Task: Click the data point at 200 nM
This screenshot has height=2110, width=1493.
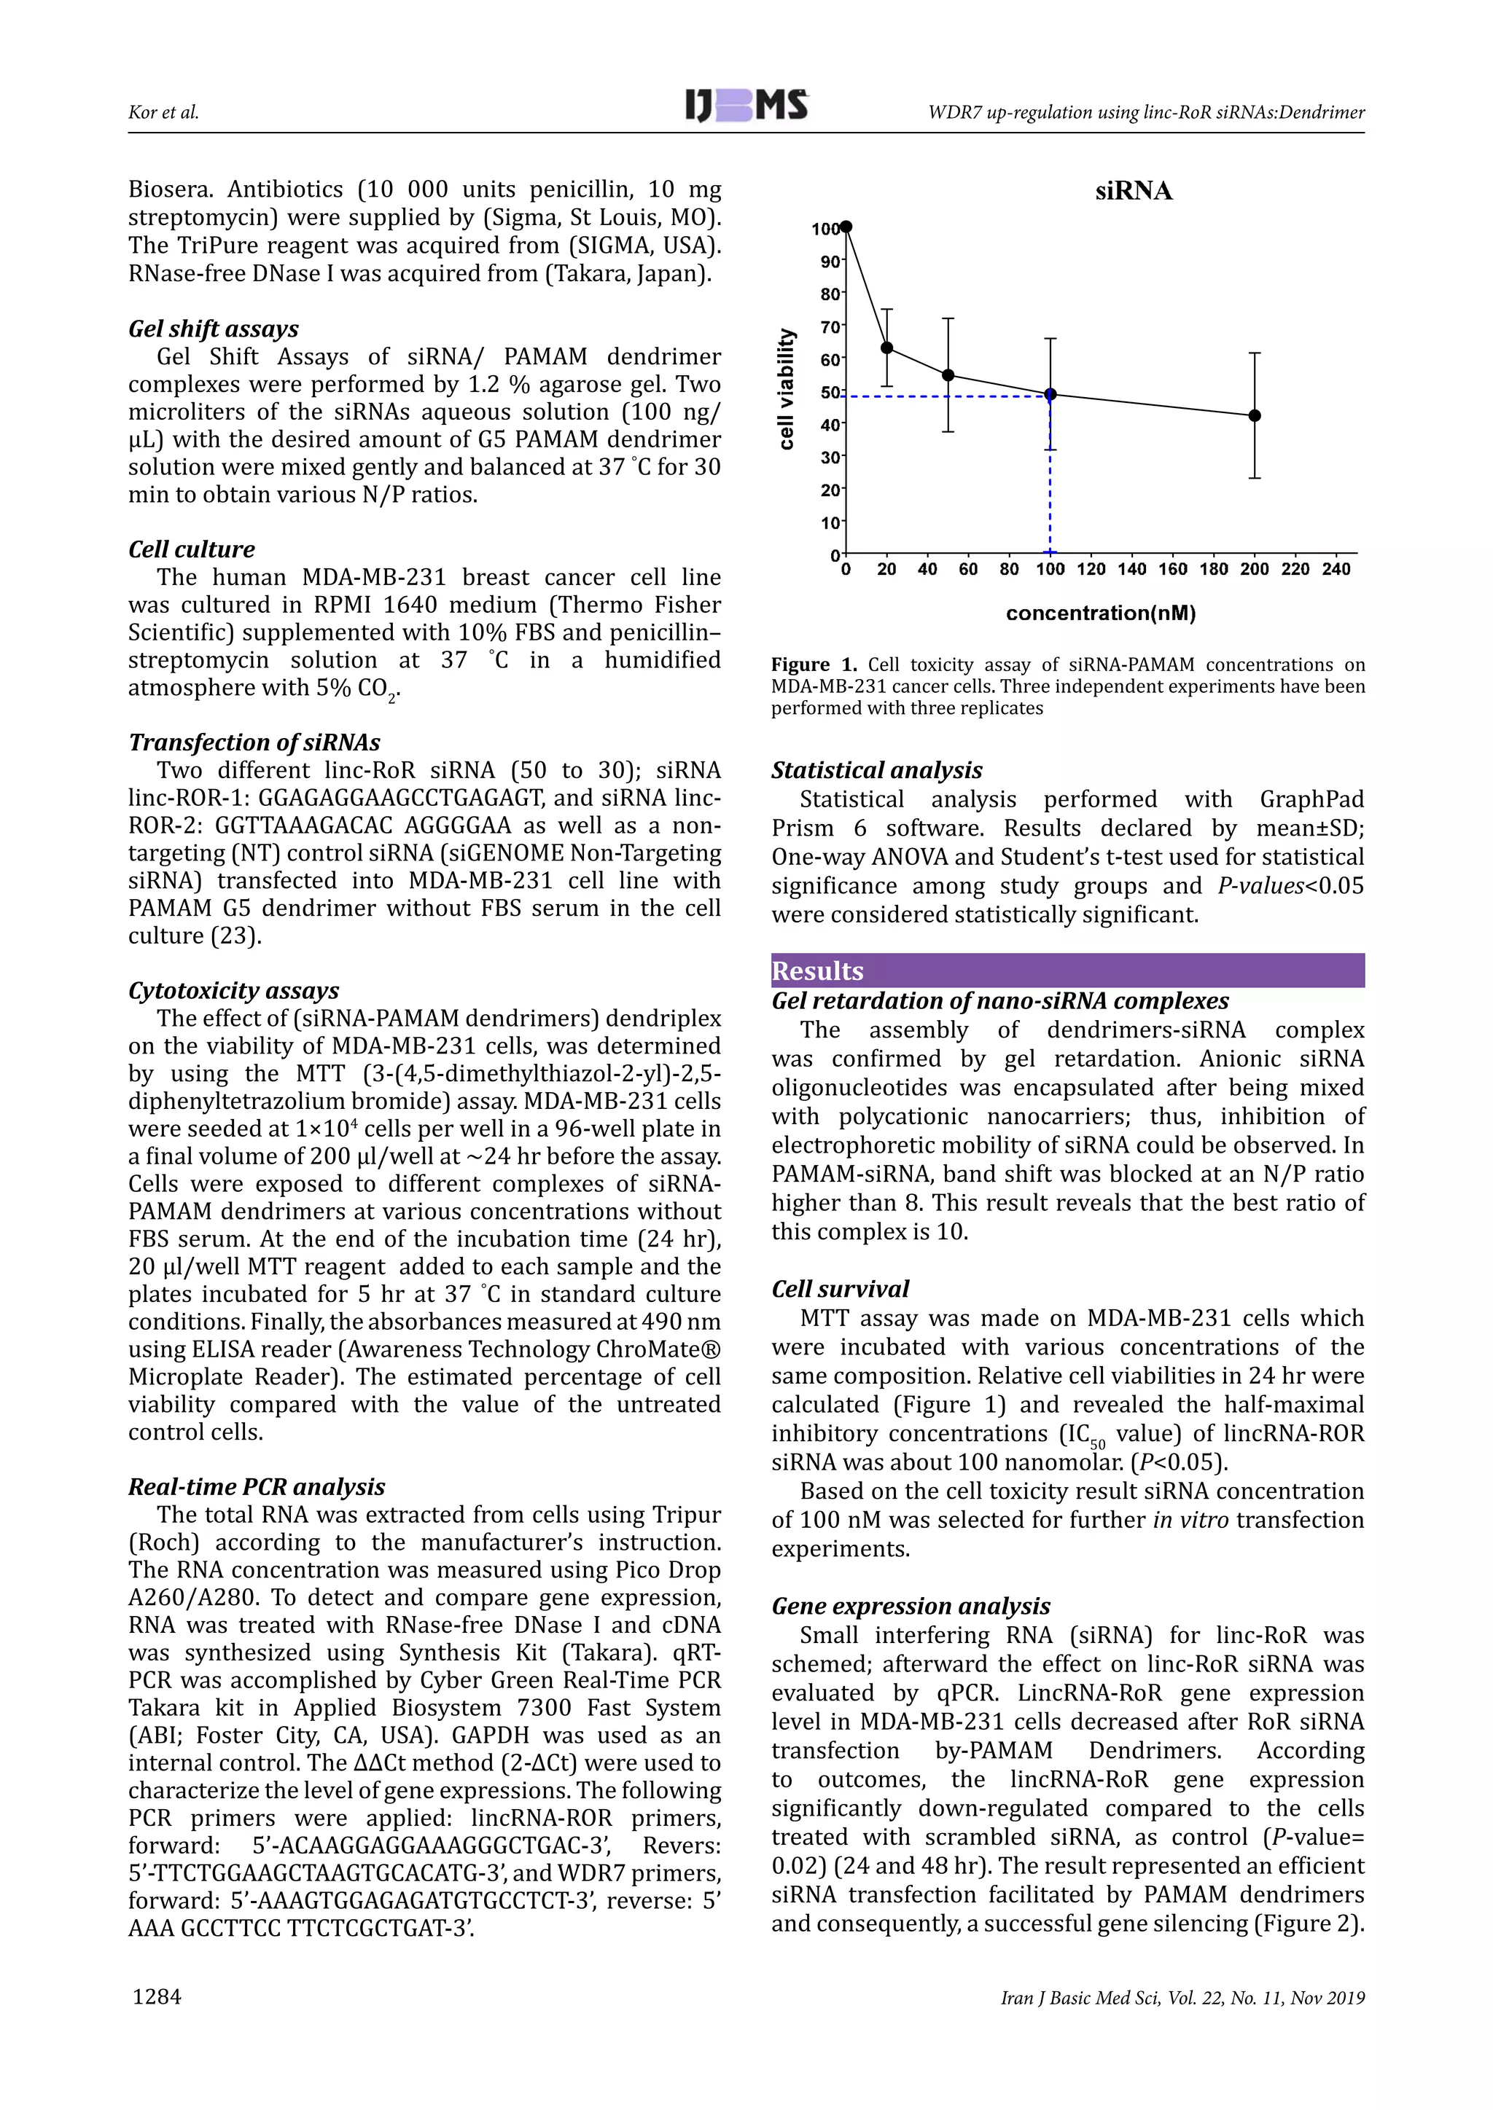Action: click(1254, 415)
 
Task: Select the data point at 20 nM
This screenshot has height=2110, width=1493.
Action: click(886, 348)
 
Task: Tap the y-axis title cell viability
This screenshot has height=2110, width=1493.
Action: click(786, 389)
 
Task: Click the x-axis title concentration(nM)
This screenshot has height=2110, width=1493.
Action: click(1101, 613)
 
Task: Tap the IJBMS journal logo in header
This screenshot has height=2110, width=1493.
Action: click(746, 106)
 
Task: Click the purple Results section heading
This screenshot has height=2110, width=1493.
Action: click(817, 970)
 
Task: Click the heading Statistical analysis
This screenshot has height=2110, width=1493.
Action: click(876, 770)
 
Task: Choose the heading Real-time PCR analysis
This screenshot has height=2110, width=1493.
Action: click(257, 1486)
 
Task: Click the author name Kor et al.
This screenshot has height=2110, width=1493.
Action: click(163, 112)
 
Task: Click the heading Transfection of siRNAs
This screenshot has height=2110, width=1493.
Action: click(254, 742)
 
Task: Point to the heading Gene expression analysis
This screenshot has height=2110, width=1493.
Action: click(910, 1606)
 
